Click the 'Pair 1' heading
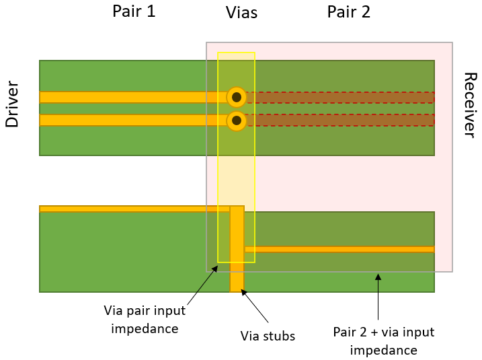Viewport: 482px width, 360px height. click(x=134, y=11)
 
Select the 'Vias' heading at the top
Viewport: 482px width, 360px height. click(x=241, y=13)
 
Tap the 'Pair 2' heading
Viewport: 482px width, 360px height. click(x=348, y=11)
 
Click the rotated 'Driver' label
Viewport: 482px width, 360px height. click(x=11, y=104)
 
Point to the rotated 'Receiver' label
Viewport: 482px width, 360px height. click(x=471, y=104)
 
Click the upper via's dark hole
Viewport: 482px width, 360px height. click(x=237, y=98)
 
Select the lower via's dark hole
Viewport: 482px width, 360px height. click(x=237, y=121)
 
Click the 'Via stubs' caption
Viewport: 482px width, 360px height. click(x=268, y=336)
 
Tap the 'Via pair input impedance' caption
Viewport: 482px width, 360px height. click(x=145, y=320)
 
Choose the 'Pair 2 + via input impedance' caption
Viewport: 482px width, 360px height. click(x=384, y=341)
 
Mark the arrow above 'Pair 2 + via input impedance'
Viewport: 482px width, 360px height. click(x=378, y=296)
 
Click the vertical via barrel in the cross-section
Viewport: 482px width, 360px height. click(x=237, y=256)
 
